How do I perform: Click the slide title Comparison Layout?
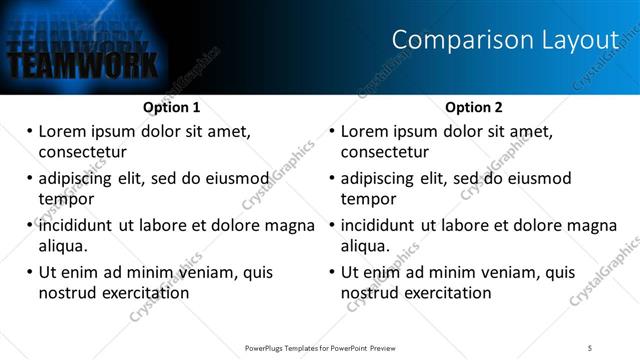505,40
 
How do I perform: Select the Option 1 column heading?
171,107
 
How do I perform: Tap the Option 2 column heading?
474,107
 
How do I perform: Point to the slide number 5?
604,348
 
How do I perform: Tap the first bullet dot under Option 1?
30,131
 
